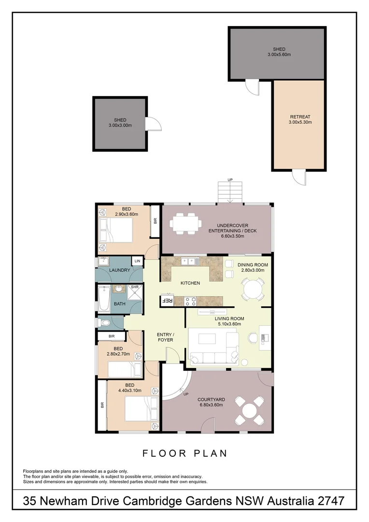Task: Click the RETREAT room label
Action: pos(300,116)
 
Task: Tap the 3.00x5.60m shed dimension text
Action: pos(279,55)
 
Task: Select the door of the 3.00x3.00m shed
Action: pos(154,124)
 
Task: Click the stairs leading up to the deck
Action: pos(229,192)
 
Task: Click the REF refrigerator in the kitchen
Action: pos(167,300)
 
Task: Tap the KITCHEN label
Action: pos(190,283)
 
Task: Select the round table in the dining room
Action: pos(253,290)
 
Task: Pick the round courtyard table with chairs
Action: pos(249,410)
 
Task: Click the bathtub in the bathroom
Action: pos(104,299)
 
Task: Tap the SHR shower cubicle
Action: pos(135,292)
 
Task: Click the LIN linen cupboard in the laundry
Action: pos(138,261)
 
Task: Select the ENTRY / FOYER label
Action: pos(165,337)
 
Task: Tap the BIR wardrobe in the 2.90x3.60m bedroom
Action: pos(155,221)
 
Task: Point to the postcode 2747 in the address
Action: pos(330,501)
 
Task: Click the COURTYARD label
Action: pos(211,400)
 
